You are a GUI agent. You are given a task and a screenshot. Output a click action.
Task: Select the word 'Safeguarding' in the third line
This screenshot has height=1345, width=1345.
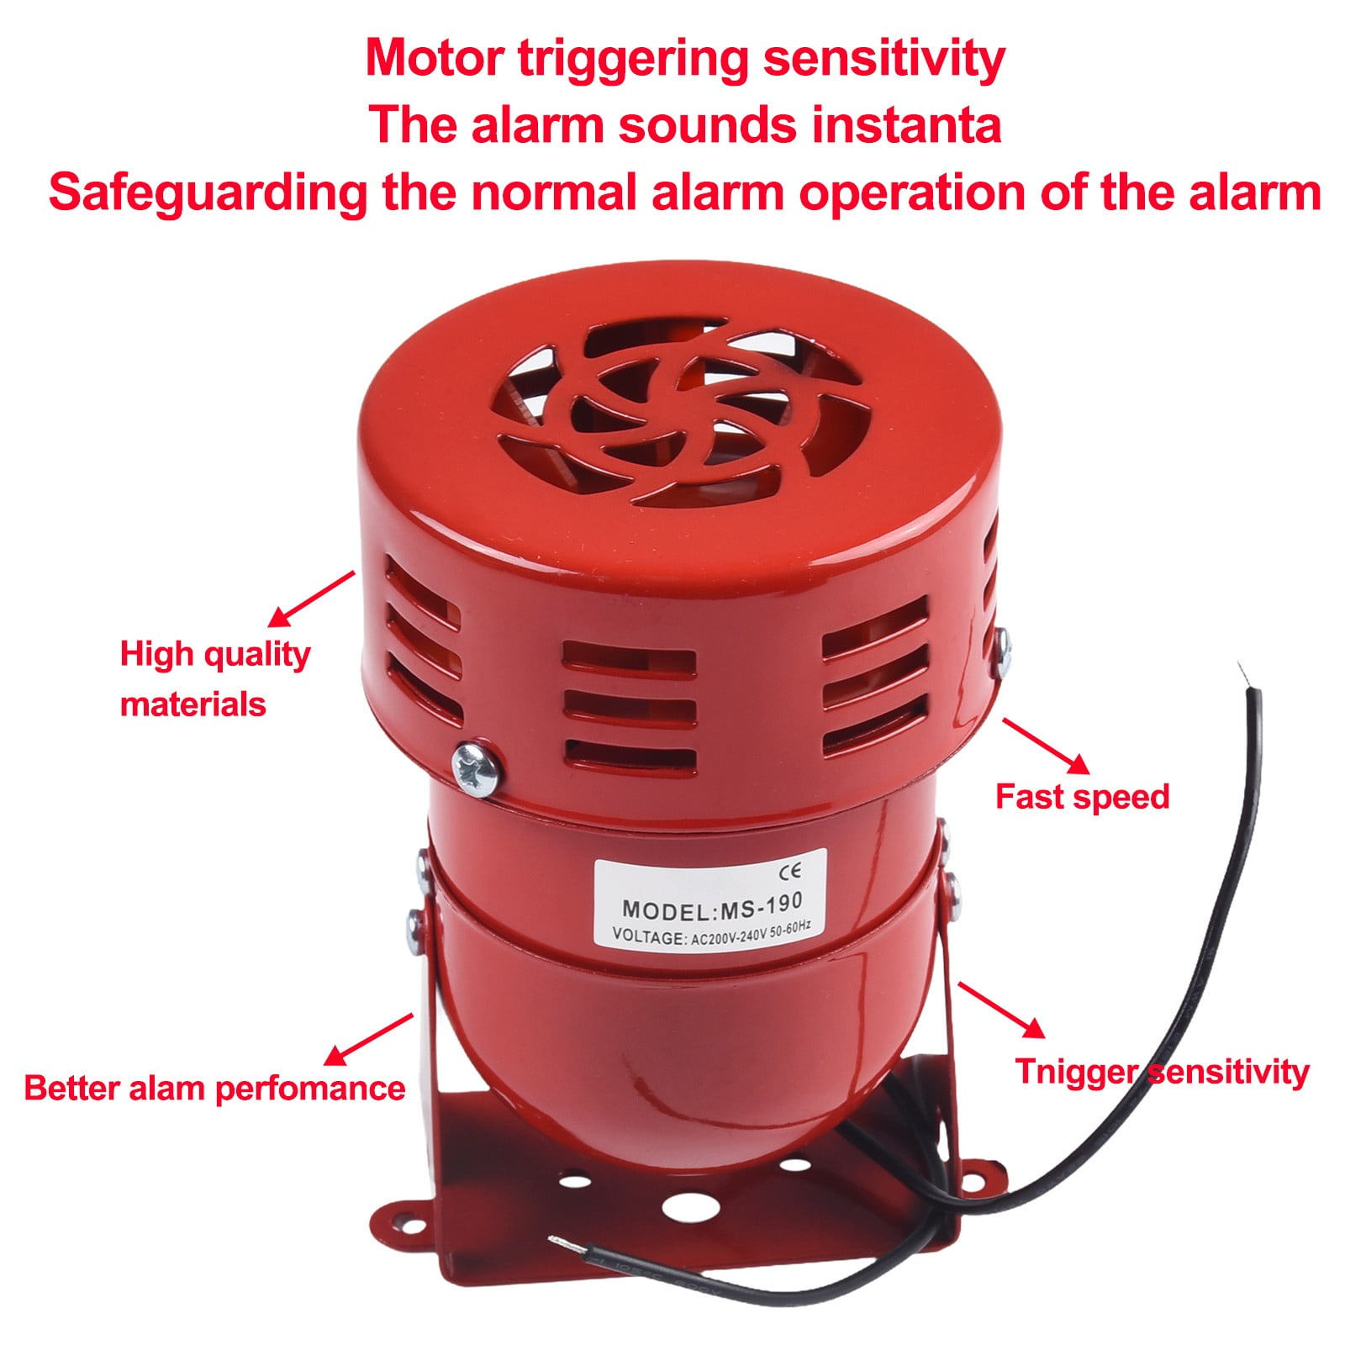pyautogui.click(x=208, y=193)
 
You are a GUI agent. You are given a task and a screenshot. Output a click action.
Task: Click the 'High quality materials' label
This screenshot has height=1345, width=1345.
pyautogui.click(x=214, y=678)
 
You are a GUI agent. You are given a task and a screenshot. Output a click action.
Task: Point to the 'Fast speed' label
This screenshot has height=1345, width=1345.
pyautogui.click(x=1082, y=796)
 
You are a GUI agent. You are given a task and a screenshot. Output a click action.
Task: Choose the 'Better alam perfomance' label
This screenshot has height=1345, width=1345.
pyautogui.click(x=214, y=1088)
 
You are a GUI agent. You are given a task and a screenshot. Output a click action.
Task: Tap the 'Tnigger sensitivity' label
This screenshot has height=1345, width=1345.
pyautogui.click(x=1162, y=1072)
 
